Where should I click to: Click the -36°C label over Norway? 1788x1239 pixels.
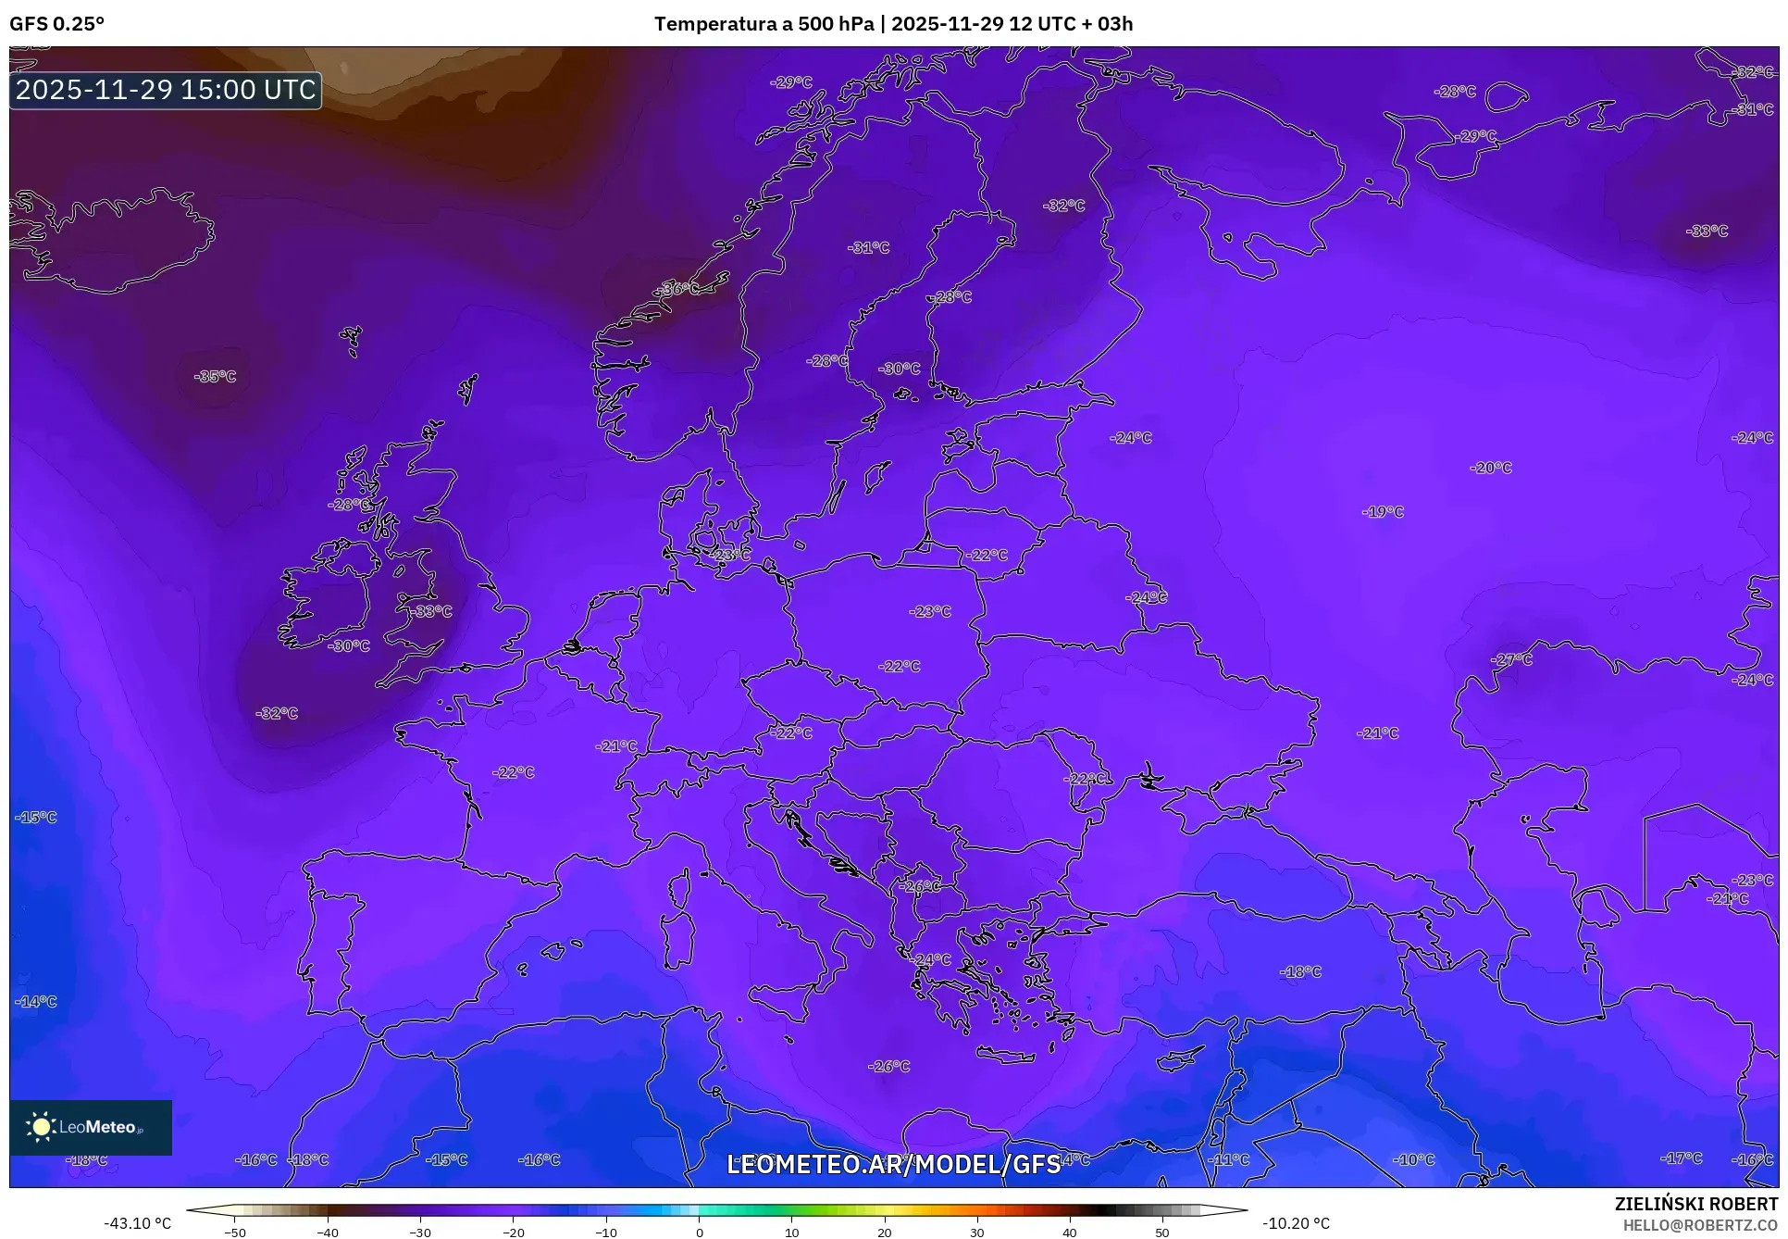coord(678,289)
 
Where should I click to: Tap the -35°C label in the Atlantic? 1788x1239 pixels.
coord(215,376)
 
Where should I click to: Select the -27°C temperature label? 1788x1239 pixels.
coord(1511,659)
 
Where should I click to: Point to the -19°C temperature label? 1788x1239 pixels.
coord(1383,511)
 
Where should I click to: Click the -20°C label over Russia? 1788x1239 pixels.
coord(1491,468)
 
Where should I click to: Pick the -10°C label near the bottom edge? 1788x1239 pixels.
coord(1414,1159)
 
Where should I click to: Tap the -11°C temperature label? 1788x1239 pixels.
coord(1229,1159)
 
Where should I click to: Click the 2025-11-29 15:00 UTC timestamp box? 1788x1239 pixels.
coord(166,90)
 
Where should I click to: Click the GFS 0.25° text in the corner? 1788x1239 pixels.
coord(56,24)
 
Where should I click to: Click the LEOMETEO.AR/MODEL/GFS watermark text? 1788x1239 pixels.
coord(893,1164)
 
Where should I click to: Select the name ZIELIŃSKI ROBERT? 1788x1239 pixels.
coord(1695,1204)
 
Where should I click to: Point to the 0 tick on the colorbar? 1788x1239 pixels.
coord(699,1232)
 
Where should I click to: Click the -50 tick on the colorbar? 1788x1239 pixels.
coord(235,1232)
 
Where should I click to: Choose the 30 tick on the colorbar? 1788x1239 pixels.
coord(977,1232)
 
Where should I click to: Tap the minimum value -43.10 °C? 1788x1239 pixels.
coord(137,1223)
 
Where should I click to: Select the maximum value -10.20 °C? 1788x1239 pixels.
coord(1296,1223)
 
